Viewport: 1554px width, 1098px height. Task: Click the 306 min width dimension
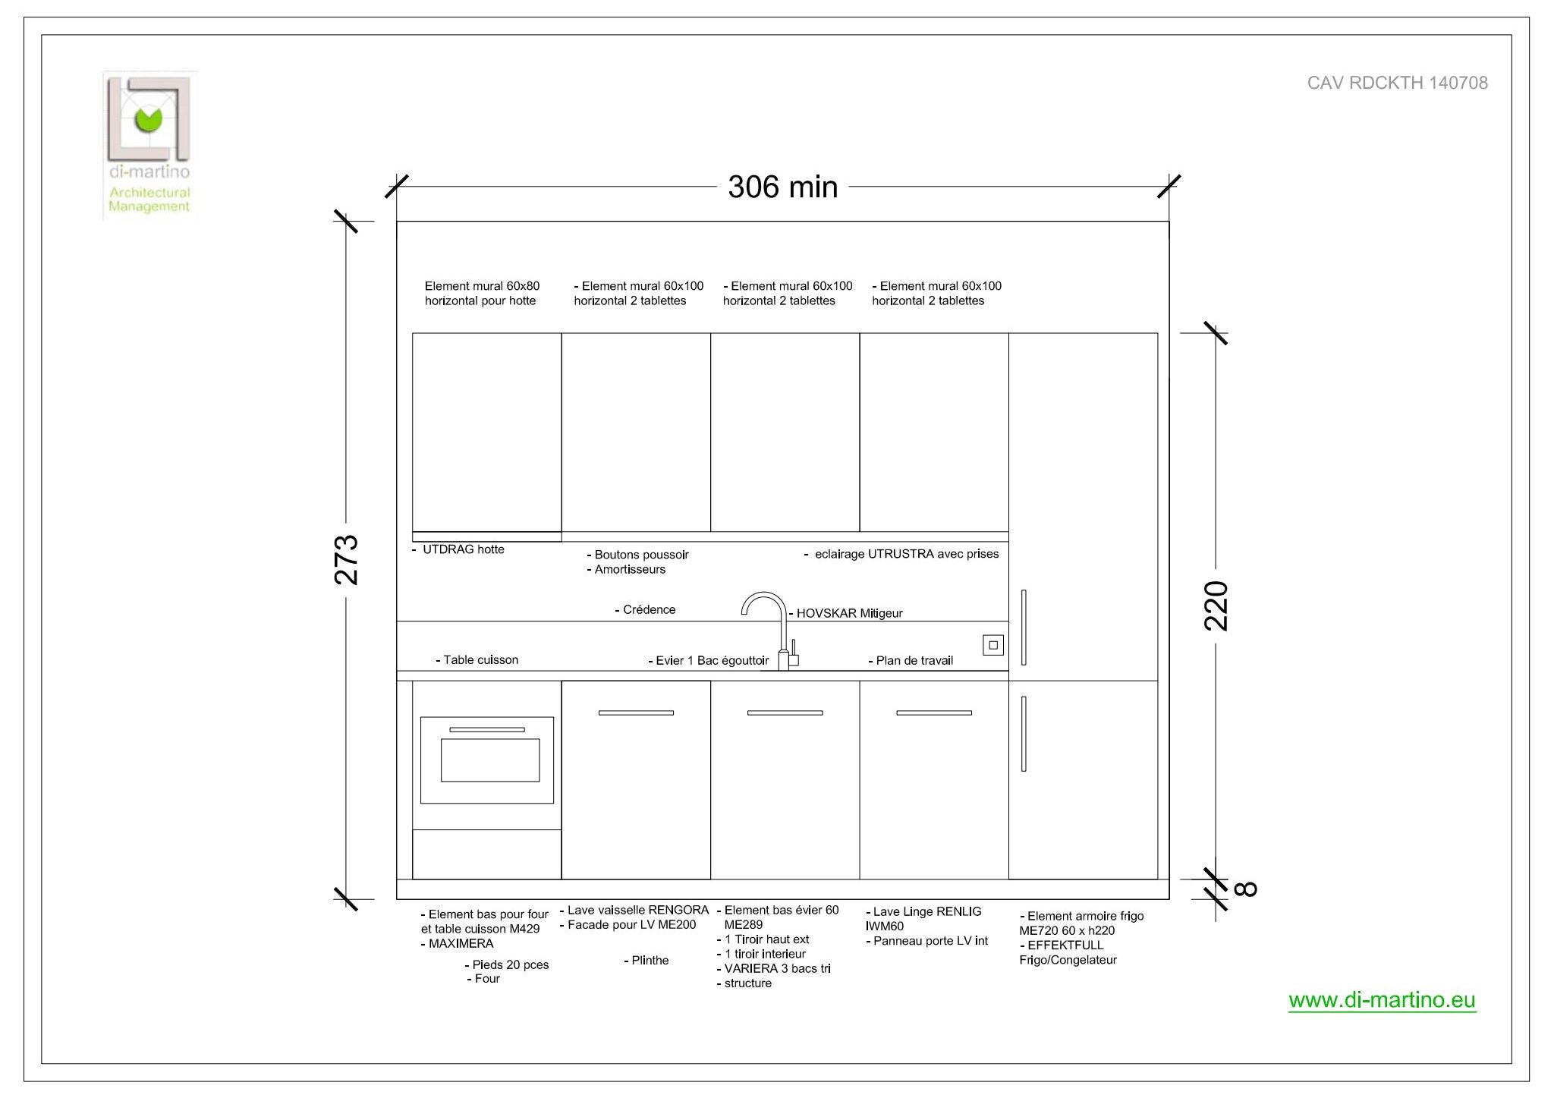pos(782,187)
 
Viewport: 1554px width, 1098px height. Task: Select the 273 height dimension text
pos(346,560)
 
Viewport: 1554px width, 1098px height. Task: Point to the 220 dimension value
pos(1216,606)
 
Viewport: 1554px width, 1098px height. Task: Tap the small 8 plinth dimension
pos(1246,889)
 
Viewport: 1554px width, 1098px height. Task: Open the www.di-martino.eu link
pos(1382,1000)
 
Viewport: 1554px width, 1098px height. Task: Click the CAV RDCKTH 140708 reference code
pos(1397,83)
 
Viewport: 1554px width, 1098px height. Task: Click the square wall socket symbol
pos(993,645)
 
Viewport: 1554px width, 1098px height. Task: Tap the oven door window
pos(490,760)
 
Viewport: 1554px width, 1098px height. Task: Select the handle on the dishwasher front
pos(636,713)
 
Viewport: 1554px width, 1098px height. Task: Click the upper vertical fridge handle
pos(1024,628)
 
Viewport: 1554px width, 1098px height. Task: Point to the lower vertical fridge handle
pos(1024,734)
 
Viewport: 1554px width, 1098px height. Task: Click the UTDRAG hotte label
pos(458,549)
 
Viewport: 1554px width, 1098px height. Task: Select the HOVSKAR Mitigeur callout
pos(846,613)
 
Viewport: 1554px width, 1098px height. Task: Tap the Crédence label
pos(645,609)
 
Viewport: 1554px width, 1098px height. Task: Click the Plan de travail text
pos(911,660)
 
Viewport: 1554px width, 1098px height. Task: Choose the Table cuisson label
pos(477,659)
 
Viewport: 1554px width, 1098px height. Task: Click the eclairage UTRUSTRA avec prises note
pos(901,554)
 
